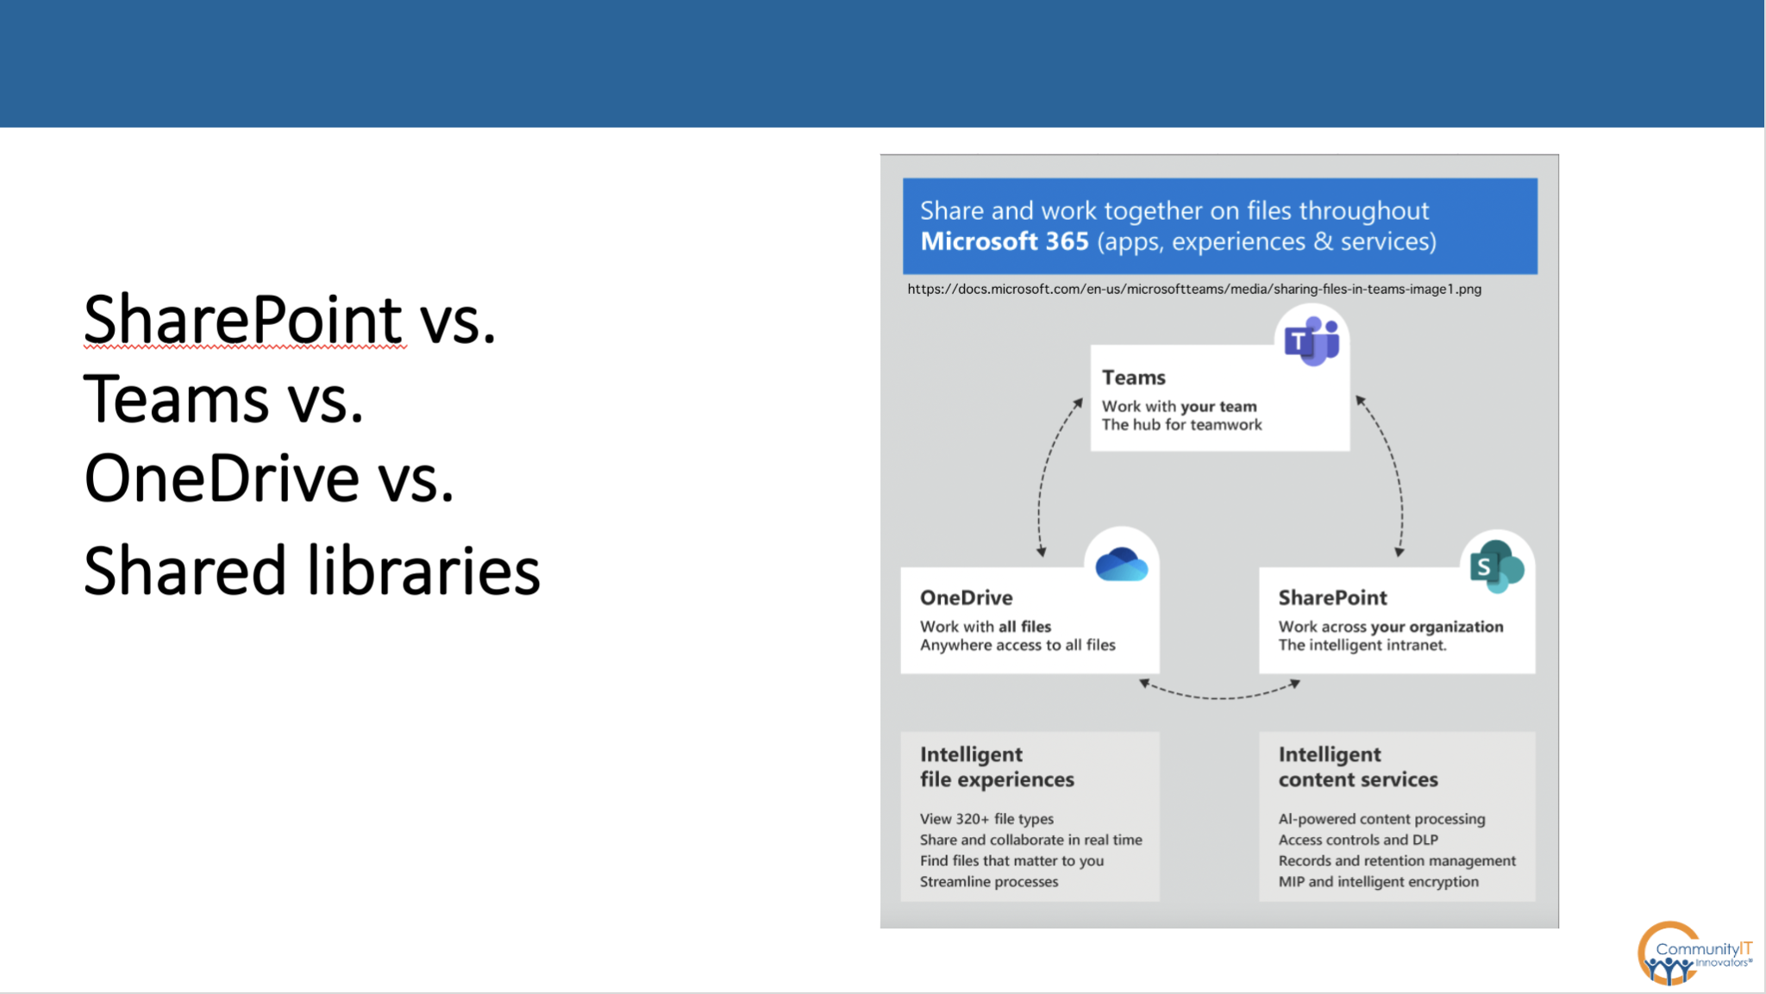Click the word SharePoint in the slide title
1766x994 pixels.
coord(243,320)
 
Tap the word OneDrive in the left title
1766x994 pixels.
coord(222,478)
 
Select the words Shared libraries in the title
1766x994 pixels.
coord(311,571)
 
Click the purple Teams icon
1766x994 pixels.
coord(1312,341)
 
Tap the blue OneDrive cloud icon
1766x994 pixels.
coord(1121,566)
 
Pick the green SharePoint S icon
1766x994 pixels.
coord(1496,566)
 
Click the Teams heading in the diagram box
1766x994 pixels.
coord(1133,378)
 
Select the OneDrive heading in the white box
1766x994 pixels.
coord(966,597)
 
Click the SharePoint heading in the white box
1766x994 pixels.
coord(1332,597)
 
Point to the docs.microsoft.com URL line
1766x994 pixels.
coord(1193,290)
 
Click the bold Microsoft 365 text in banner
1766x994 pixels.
coord(1004,241)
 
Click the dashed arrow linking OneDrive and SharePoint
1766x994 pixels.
coord(1219,695)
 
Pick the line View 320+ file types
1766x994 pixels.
coord(986,819)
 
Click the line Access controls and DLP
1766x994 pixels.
coord(1357,840)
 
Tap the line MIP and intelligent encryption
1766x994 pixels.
coord(1377,881)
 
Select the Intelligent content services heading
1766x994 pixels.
coord(1357,766)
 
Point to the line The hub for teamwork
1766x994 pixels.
coord(1181,425)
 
